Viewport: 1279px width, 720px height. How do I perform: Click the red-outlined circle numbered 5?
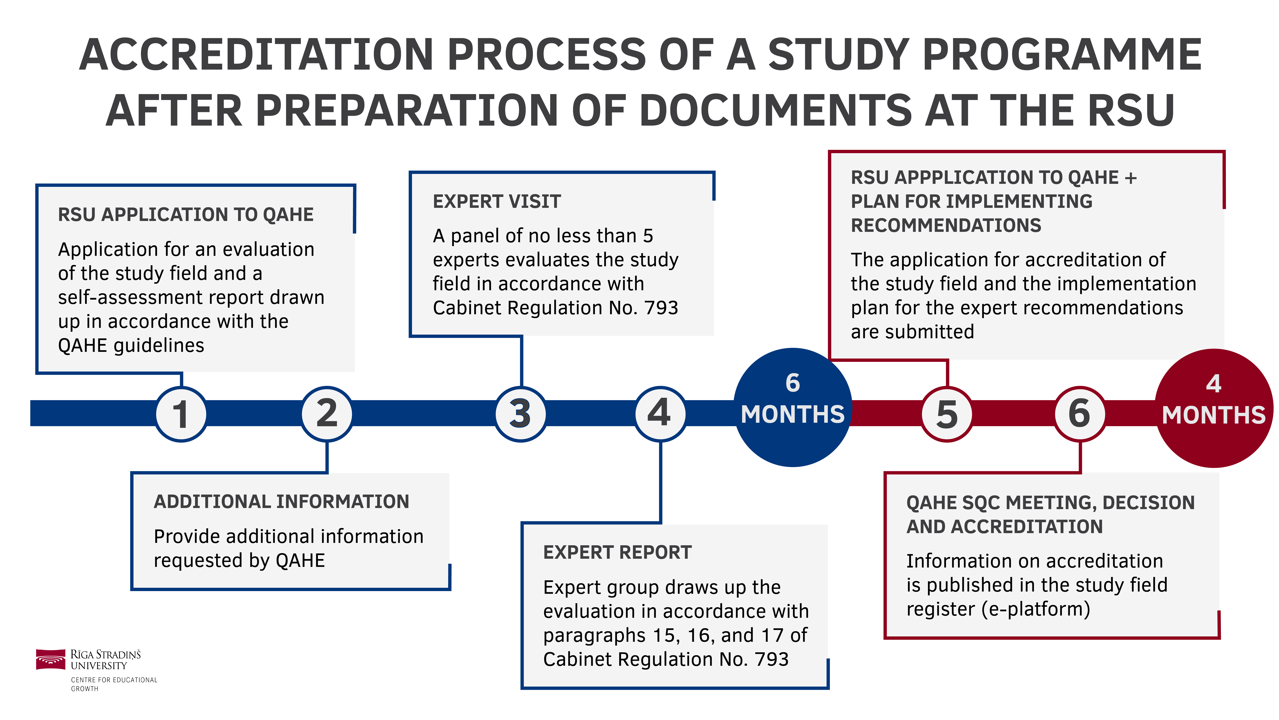947,414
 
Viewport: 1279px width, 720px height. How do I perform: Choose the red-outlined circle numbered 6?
1080,414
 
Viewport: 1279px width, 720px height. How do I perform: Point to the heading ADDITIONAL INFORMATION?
281,502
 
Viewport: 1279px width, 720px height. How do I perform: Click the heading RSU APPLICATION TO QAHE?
186,215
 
